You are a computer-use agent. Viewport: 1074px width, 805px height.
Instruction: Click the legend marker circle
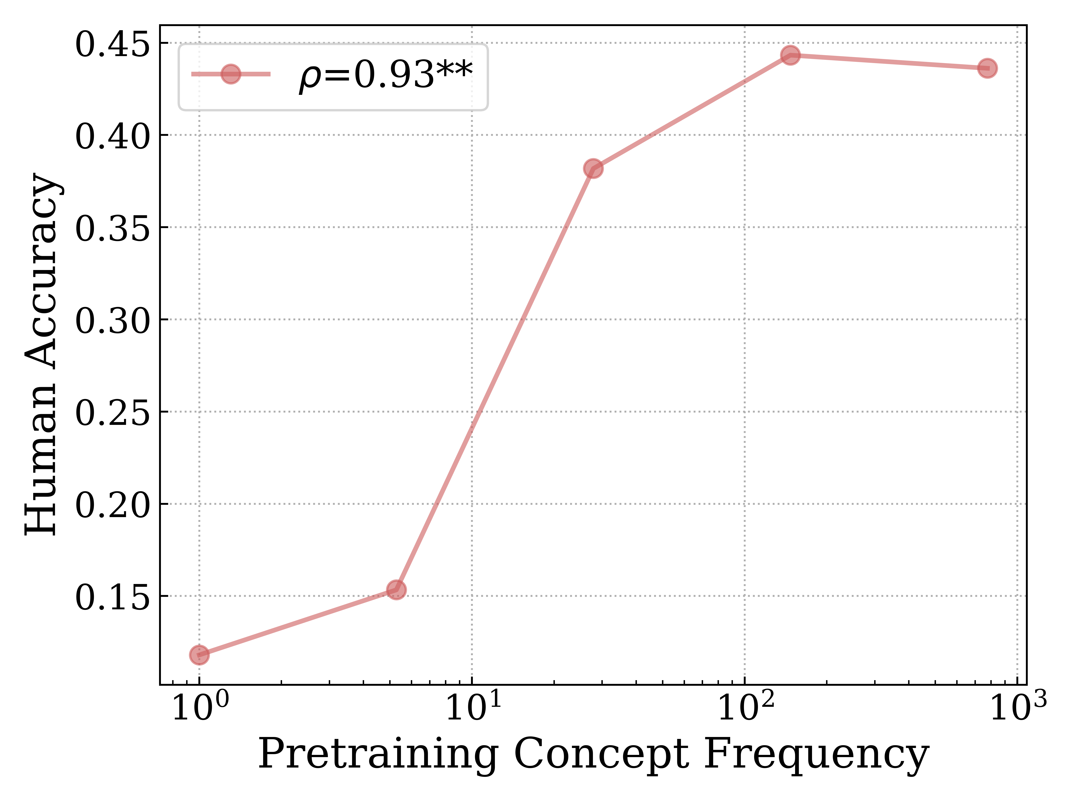click(x=231, y=74)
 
